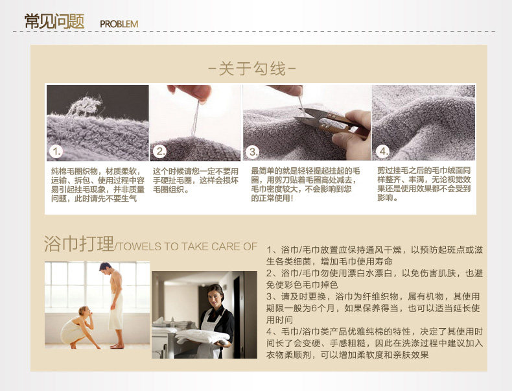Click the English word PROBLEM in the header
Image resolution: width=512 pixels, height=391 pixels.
click(119, 24)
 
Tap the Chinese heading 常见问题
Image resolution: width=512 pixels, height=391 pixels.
click(54, 21)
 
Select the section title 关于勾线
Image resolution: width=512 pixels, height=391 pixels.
click(252, 69)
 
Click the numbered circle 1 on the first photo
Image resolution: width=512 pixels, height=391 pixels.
click(56, 152)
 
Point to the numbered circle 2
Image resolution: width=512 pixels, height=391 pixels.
click(160, 151)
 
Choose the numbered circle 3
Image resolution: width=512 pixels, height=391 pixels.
click(253, 152)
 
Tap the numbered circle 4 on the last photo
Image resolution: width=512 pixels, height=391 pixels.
click(382, 151)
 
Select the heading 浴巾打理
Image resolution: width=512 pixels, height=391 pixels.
click(79, 244)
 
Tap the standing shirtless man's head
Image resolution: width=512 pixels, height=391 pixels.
click(106, 269)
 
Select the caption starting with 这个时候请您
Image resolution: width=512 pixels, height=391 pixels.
click(195, 180)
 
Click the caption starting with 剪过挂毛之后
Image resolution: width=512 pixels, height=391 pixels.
click(424, 184)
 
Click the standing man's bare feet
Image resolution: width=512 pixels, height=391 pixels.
click(117, 346)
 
